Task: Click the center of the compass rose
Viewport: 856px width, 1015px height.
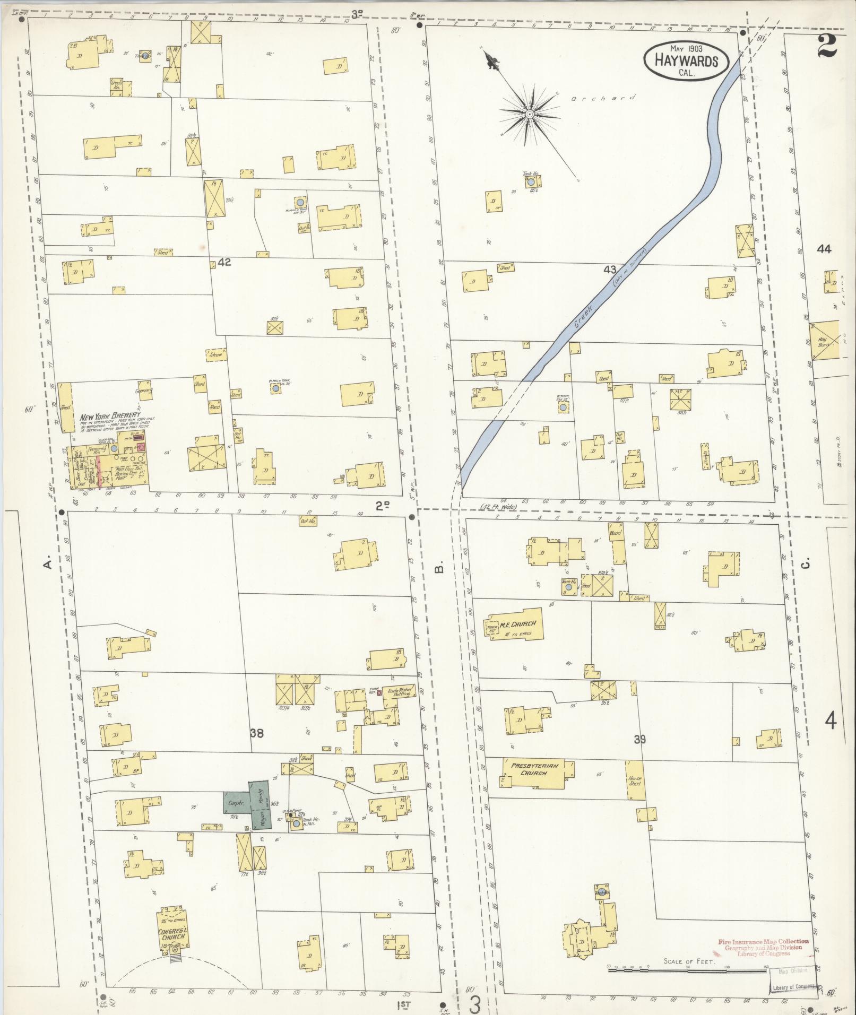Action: [529, 114]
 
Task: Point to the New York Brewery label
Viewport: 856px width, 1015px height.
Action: [110, 415]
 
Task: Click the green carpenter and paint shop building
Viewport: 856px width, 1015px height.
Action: [247, 804]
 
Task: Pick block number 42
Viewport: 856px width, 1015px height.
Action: [224, 262]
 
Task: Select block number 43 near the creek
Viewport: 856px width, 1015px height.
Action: [610, 270]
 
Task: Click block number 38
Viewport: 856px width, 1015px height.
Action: [257, 733]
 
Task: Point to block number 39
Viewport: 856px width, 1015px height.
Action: [639, 739]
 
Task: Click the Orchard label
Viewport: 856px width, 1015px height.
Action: [603, 99]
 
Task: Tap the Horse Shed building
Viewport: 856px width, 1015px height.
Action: [635, 780]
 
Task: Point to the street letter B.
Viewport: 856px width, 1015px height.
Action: [438, 569]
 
